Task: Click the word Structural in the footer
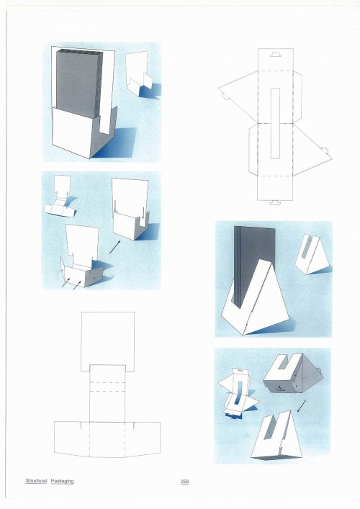(x=36, y=481)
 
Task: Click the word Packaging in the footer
(x=62, y=481)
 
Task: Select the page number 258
(x=184, y=482)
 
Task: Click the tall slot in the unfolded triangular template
(x=275, y=123)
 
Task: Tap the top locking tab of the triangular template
(x=276, y=53)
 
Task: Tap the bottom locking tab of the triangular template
(x=275, y=203)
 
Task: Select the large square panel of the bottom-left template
(x=107, y=341)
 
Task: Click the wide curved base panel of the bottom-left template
(x=107, y=439)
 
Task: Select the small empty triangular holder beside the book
(x=310, y=254)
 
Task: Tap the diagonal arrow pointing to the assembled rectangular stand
(x=115, y=247)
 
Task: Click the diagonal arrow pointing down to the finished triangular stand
(x=302, y=406)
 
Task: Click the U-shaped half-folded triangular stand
(x=293, y=374)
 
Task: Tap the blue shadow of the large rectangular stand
(x=116, y=143)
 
